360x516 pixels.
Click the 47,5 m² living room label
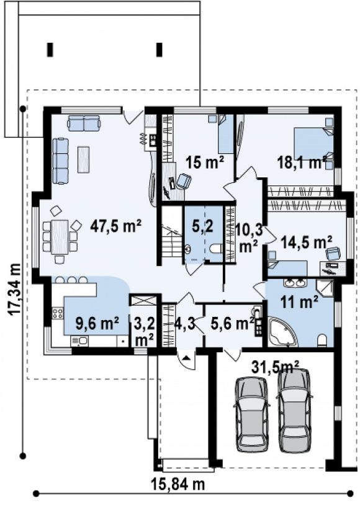115,227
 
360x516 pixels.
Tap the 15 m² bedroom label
204,162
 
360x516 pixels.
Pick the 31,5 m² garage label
276,367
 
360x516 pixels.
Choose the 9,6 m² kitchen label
97,324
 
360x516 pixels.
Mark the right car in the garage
294,410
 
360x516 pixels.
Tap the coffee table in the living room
84,159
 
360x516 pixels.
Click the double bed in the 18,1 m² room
313,144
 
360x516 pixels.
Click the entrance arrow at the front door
186,358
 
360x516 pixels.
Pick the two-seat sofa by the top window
83,123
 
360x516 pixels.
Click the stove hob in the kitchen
57,313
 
